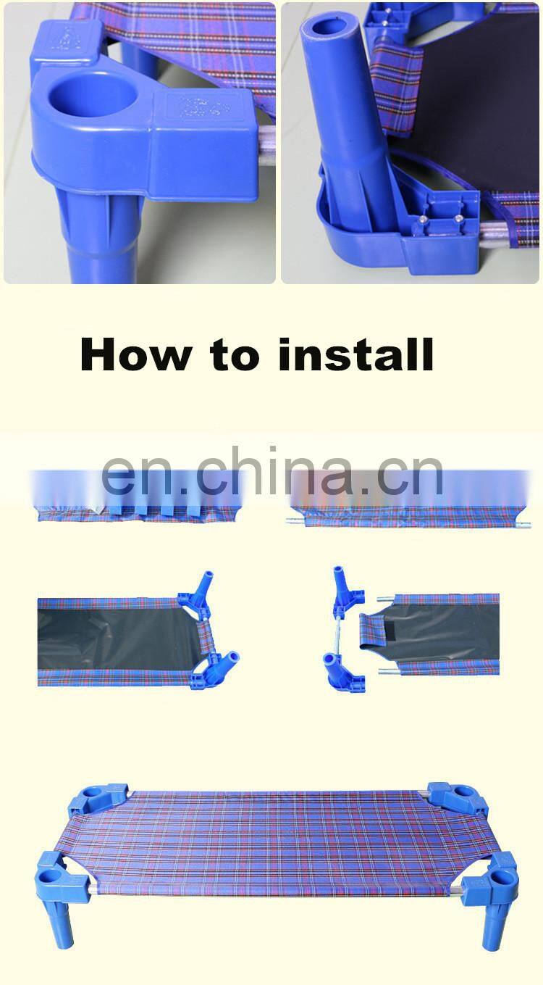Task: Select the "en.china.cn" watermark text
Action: tap(272, 471)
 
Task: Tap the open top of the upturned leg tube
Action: tap(323, 26)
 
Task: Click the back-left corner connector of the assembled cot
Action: tap(99, 799)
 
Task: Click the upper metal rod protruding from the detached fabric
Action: tap(385, 599)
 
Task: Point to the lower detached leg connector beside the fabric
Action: tap(343, 672)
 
